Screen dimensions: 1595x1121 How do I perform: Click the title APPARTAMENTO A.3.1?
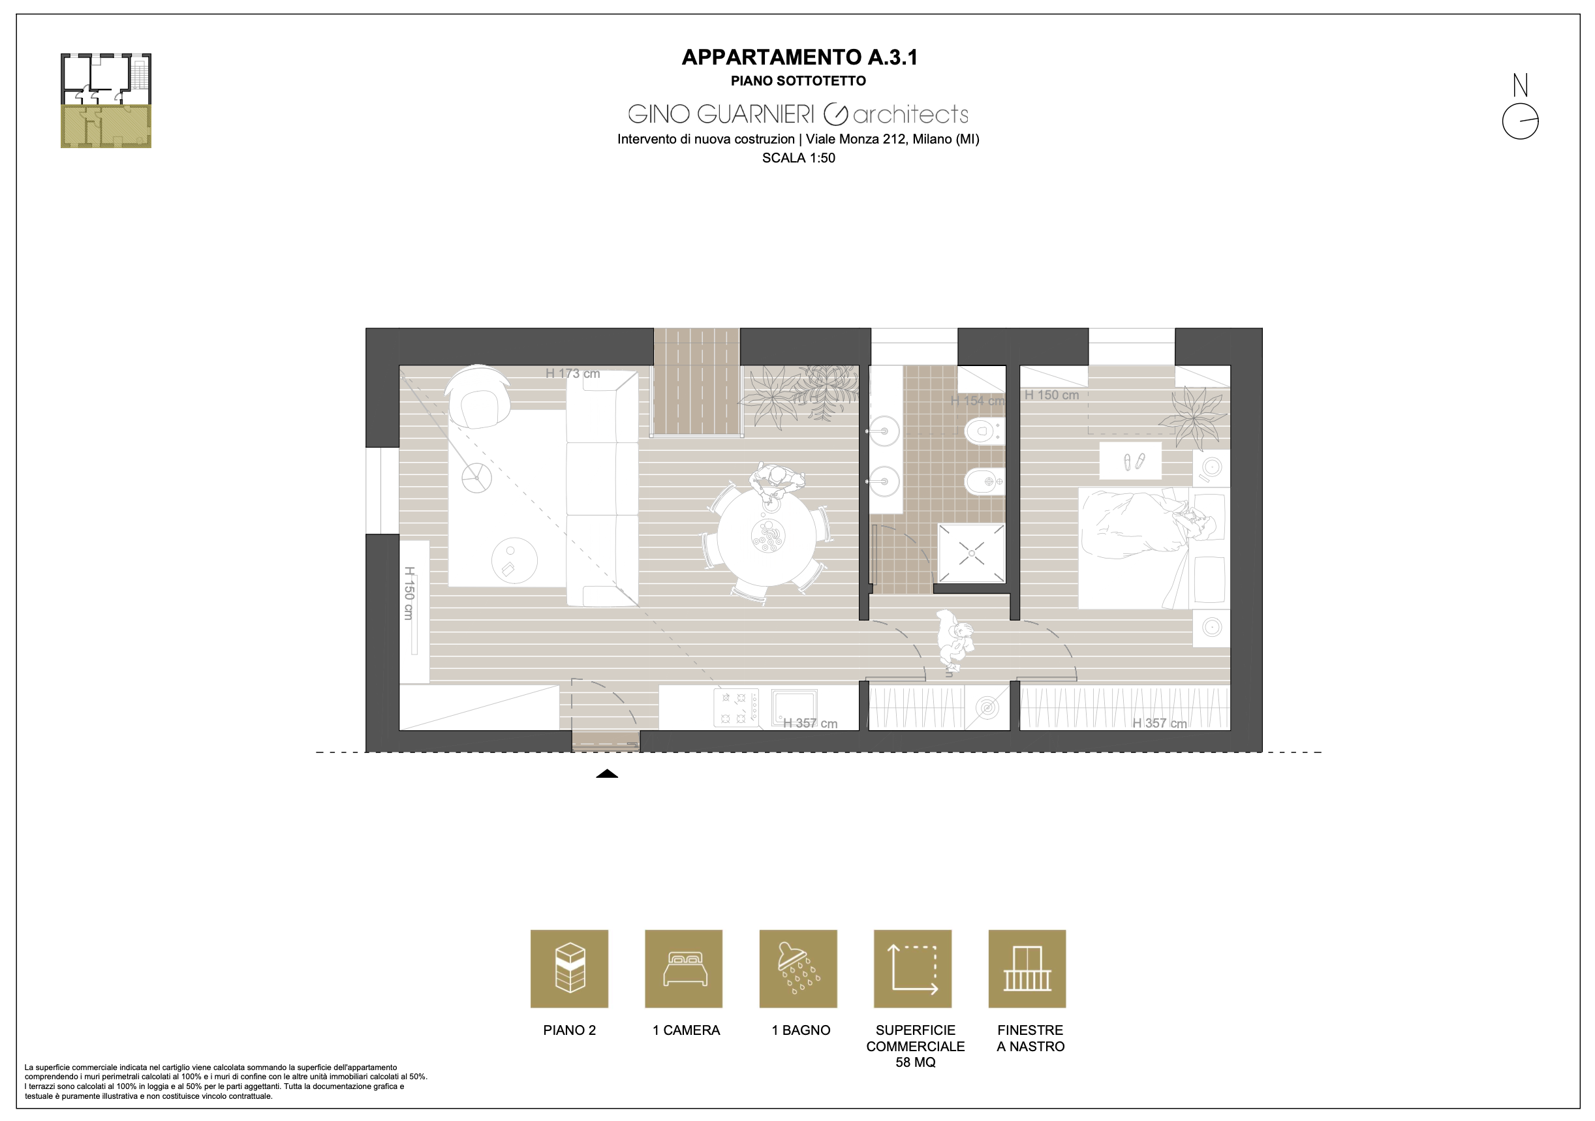[x=799, y=57]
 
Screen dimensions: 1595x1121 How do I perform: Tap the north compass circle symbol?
[x=1520, y=121]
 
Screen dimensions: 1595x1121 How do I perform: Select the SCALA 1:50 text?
[x=798, y=158]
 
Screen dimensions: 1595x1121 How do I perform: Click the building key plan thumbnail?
[x=106, y=100]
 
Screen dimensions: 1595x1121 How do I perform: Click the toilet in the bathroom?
[x=985, y=431]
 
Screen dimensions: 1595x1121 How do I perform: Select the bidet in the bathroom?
[x=984, y=482]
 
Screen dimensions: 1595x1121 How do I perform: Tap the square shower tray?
[x=971, y=553]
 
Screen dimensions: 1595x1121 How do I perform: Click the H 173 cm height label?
[x=572, y=373]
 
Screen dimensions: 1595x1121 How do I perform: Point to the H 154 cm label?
[x=978, y=401]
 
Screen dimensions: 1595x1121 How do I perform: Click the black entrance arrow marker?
[x=606, y=774]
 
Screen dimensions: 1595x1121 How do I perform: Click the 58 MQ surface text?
[x=915, y=1062]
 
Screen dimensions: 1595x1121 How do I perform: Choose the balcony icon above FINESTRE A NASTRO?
[x=1027, y=969]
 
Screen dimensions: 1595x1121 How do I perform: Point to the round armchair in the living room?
[x=478, y=397]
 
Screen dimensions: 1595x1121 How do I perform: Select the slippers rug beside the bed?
[x=1130, y=461]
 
